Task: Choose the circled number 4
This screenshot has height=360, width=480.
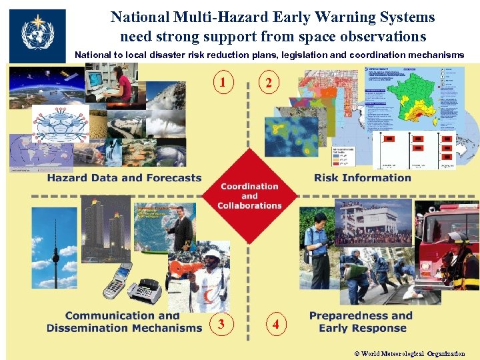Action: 276,325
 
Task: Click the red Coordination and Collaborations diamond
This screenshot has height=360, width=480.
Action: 249,195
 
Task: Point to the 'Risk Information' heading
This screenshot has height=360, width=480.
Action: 362,178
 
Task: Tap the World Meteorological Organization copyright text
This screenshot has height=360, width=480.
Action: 409,354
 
